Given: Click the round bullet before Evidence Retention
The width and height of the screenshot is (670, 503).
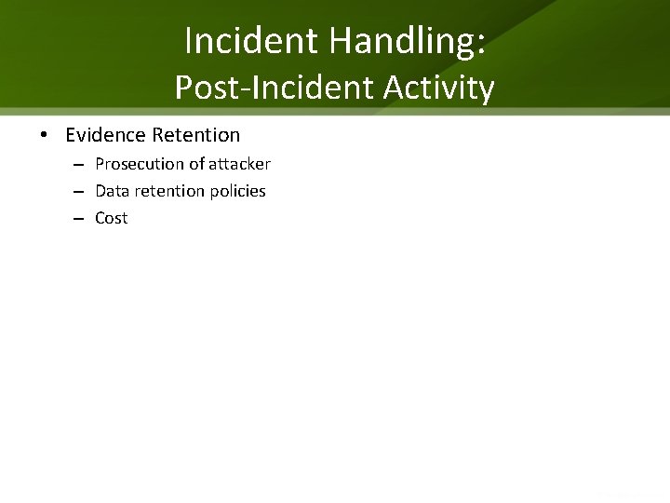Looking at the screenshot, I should [45, 136].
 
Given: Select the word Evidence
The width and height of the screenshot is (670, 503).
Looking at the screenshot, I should [105, 135].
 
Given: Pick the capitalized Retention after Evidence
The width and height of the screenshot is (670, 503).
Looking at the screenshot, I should [195, 135].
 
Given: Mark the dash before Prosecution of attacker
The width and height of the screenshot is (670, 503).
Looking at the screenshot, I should [80, 165].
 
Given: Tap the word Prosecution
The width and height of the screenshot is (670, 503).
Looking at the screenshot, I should [139, 164].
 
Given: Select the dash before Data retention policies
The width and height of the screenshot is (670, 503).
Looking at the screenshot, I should [80, 192].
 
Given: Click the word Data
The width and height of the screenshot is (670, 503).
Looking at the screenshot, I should [112, 191].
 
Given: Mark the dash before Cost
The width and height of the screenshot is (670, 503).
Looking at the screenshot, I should [80, 219].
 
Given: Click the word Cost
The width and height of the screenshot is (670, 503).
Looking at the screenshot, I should [112, 218].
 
